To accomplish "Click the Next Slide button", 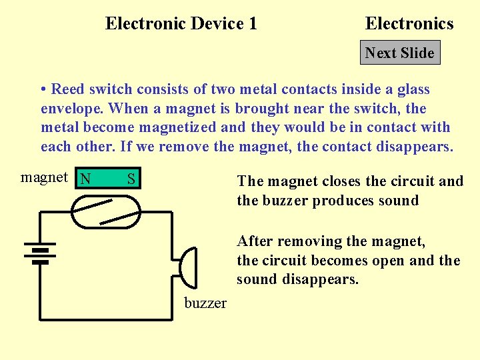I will point(400,53).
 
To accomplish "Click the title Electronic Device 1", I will point(181,24).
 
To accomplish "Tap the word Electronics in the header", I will point(409,24).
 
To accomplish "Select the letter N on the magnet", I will point(85,179).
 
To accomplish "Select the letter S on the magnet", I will point(131,179).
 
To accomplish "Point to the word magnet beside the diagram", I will point(44,177).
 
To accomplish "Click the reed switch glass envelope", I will point(106,211).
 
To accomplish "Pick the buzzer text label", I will point(205,303).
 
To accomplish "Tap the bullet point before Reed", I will point(43,89).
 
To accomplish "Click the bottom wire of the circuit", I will point(107,319).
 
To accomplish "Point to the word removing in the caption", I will point(309,241).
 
